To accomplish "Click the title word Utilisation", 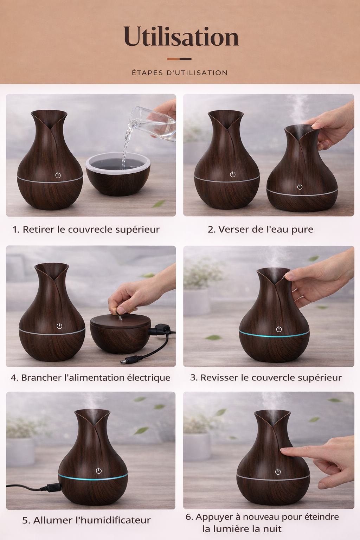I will [181, 37].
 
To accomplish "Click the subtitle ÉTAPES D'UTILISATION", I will [180, 73].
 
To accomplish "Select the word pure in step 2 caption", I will [302, 230].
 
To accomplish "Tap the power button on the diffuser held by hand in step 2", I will [300, 187].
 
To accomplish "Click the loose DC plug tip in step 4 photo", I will [127, 361].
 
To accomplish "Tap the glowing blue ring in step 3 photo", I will [274, 335].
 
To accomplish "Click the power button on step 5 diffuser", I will [99, 471].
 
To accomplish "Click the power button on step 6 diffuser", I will [278, 472].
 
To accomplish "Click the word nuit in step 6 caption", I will [272, 529].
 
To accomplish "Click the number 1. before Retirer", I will [16, 230].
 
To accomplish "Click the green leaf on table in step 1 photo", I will [159, 204].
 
